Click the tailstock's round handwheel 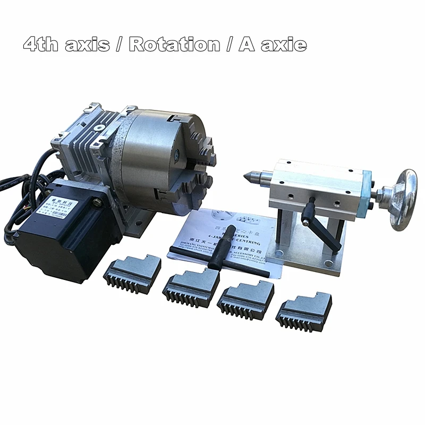tap(403, 199)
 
